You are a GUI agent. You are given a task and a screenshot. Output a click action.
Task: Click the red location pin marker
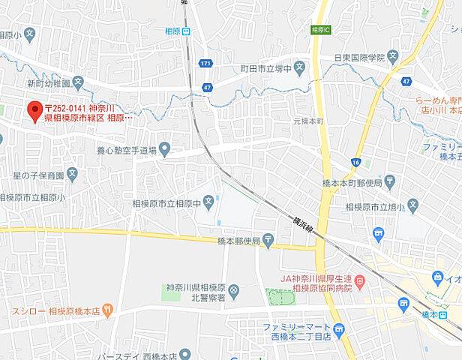pyautogui.click(x=34, y=112)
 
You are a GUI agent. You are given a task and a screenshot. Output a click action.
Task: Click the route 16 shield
pyautogui.click(x=355, y=161)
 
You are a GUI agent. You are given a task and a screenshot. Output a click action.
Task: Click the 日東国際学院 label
pyautogui.click(x=359, y=57)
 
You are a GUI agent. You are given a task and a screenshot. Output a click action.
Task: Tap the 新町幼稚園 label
pyautogui.click(x=48, y=82)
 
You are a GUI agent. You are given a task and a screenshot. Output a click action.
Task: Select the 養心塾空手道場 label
pyautogui.click(x=126, y=150)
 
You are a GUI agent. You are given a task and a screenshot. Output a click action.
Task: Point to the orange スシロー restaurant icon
pyautogui.click(x=108, y=308)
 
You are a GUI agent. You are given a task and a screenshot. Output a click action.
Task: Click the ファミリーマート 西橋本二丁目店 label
pyautogui.click(x=297, y=331)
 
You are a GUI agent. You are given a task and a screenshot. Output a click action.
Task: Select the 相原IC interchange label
pyautogui.click(x=320, y=30)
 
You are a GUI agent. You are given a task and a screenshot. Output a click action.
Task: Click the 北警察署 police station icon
pyautogui.click(x=234, y=289)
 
